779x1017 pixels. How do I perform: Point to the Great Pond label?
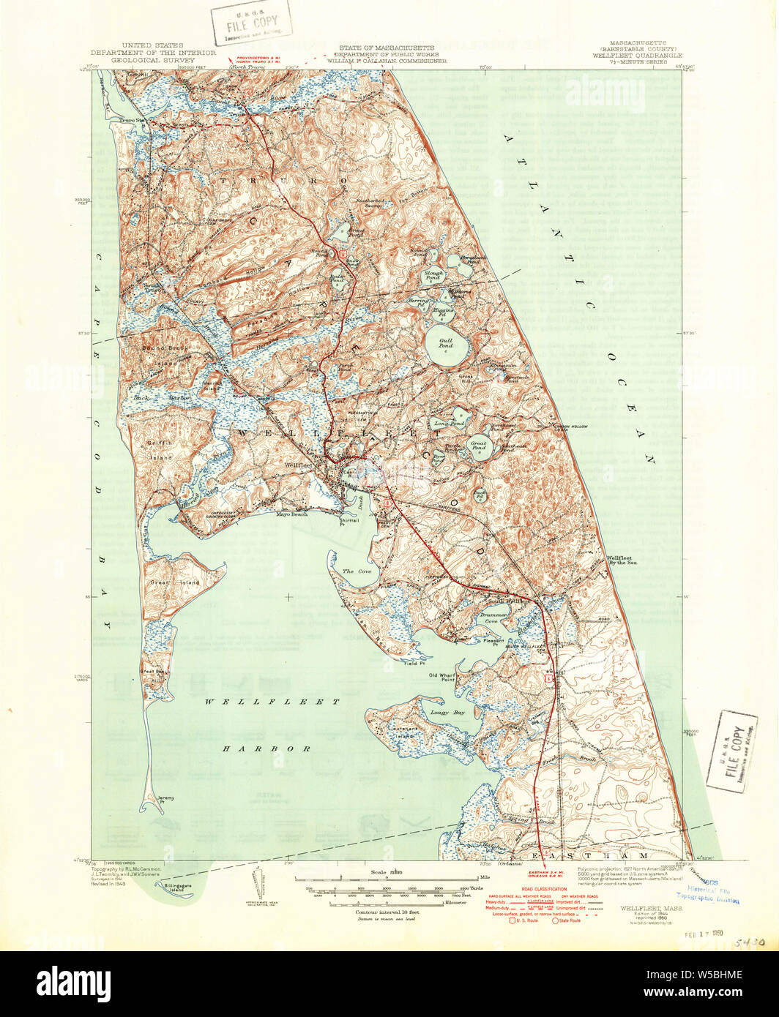pos(480,446)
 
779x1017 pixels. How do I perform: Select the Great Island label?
pos(160,582)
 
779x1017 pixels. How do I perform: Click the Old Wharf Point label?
pos(442,678)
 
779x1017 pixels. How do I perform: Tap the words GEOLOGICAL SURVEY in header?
pos(153,62)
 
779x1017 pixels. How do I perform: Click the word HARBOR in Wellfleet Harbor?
pos(267,749)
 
